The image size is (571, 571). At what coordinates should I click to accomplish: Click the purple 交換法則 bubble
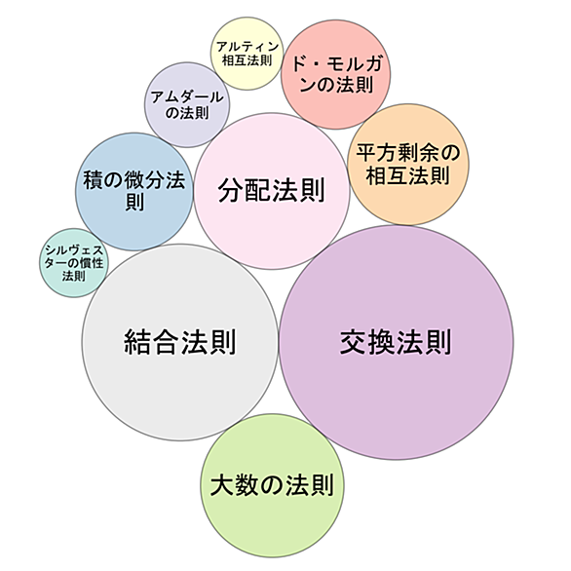click(x=397, y=342)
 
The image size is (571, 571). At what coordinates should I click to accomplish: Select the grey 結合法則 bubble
click(x=180, y=342)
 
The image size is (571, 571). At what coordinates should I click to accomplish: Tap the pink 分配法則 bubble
click(x=272, y=191)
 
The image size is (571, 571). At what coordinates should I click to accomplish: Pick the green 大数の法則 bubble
click(x=273, y=485)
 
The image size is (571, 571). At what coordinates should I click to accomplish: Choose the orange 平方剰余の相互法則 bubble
click(x=408, y=165)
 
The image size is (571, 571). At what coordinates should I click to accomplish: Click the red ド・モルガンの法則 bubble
click(x=336, y=74)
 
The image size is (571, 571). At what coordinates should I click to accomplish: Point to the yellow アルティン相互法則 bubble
click(x=247, y=54)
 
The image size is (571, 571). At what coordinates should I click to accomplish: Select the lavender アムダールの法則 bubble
click(x=187, y=105)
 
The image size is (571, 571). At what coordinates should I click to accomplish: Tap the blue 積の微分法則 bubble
click(x=134, y=192)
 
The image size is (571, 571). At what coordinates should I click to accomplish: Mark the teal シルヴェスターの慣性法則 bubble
click(x=74, y=263)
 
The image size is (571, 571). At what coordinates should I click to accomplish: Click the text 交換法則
click(x=397, y=342)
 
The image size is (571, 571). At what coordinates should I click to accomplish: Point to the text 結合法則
click(x=180, y=342)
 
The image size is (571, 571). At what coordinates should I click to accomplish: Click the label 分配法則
click(x=272, y=190)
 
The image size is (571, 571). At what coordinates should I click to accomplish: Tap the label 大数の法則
click(x=273, y=485)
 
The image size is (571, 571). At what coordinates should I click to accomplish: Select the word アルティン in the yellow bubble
click(x=247, y=47)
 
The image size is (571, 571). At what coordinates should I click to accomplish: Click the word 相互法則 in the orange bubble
click(x=408, y=176)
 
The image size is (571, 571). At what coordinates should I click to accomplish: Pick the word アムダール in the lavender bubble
click(x=187, y=97)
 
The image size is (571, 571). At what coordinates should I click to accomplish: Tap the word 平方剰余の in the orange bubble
click(x=408, y=153)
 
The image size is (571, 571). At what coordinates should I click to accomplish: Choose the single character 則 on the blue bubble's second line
click(x=134, y=202)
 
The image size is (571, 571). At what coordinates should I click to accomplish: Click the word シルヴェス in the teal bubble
click(x=74, y=250)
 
